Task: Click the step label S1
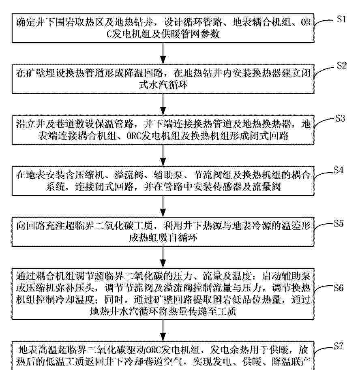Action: point(342,19)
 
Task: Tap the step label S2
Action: point(342,65)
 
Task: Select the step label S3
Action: point(340,118)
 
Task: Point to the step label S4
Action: point(339,170)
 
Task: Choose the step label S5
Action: point(339,223)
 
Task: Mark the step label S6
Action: point(339,287)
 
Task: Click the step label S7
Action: point(339,346)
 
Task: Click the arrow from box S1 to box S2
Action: point(163,53)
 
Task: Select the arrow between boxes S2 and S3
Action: point(163,105)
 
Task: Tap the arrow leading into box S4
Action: point(163,156)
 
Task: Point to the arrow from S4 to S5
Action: point(163,206)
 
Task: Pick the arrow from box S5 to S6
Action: point(163,257)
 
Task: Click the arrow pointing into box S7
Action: point(163,330)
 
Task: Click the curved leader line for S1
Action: point(325,22)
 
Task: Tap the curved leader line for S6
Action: point(324,289)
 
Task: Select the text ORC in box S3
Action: point(133,136)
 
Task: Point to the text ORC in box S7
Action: point(153,350)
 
